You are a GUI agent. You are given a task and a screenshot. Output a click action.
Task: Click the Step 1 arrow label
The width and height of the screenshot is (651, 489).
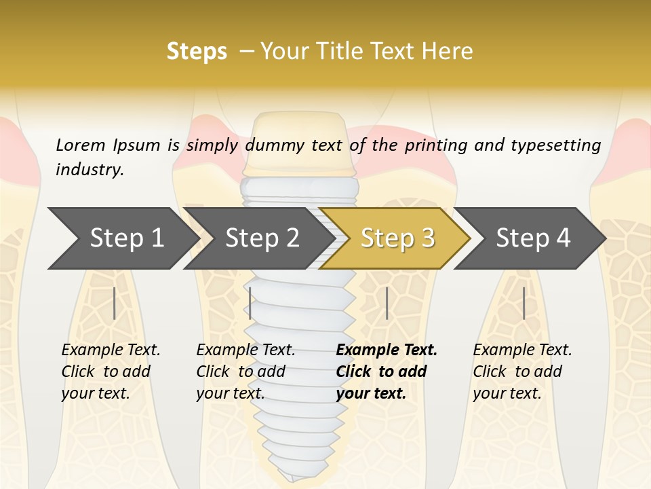coord(127,238)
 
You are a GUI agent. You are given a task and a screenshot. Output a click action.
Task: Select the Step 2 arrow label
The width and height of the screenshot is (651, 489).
coord(262,238)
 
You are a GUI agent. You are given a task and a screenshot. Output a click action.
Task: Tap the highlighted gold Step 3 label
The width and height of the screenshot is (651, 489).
coord(398,238)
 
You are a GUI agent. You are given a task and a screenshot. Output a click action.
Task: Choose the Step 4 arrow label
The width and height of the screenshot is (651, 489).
coord(533,238)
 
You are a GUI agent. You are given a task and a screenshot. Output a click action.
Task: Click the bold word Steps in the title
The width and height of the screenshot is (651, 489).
coord(197,52)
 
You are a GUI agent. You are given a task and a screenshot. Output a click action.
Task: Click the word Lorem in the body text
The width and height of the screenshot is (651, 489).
coord(80,145)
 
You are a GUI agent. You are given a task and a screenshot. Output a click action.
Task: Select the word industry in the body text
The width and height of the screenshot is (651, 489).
coord(90,169)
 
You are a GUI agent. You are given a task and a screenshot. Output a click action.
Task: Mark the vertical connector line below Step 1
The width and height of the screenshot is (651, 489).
coord(115,303)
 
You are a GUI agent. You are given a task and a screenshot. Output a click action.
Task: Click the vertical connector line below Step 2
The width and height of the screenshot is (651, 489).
coord(250,303)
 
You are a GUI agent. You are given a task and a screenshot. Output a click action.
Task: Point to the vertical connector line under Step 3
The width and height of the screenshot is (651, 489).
coord(387,303)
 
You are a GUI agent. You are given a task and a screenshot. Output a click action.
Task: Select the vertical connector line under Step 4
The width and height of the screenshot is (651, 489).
coord(524,303)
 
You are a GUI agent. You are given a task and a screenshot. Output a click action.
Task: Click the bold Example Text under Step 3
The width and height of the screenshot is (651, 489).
coord(387,350)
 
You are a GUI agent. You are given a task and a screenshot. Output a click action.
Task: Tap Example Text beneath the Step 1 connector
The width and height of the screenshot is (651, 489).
coord(111,350)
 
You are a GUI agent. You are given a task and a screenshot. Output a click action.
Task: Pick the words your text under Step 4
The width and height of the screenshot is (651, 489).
coord(507,393)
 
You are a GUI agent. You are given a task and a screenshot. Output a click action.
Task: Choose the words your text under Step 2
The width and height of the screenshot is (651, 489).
coord(230,393)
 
